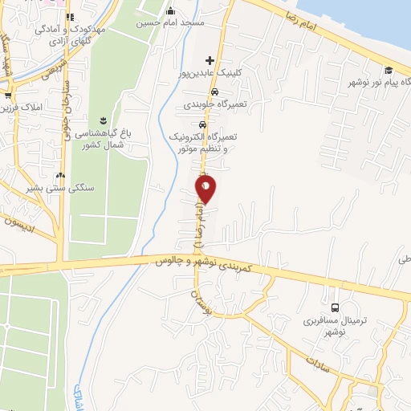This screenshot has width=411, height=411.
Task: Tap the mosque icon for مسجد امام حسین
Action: [170, 11]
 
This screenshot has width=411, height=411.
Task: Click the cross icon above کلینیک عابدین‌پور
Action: [210, 60]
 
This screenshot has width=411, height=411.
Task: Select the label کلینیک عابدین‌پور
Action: [210, 73]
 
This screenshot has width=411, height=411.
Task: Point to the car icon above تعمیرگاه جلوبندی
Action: [213, 92]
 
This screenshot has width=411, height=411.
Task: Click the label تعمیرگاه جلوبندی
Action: [213, 104]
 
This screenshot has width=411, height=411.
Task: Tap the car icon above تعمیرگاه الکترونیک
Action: [204, 125]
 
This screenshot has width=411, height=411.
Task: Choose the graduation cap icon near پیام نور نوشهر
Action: [389, 71]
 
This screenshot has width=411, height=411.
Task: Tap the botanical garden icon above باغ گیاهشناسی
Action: [104, 120]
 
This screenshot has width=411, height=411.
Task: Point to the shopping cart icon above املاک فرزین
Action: [8, 96]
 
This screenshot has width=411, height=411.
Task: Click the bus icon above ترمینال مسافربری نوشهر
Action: [335, 307]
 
